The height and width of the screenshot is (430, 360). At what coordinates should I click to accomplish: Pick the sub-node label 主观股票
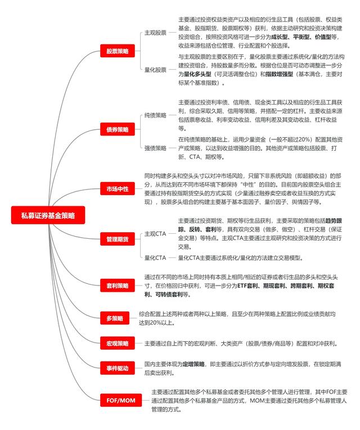(x=155, y=33)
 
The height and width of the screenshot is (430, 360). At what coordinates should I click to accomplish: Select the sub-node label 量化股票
(x=155, y=70)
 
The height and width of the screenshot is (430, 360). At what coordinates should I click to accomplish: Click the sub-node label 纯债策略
(x=155, y=115)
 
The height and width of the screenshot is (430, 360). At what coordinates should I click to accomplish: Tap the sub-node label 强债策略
(x=155, y=148)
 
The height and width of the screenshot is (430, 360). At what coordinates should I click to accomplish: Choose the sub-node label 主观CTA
(x=155, y=233)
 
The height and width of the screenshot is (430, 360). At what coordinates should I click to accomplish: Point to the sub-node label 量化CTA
(x=155, y=258)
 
